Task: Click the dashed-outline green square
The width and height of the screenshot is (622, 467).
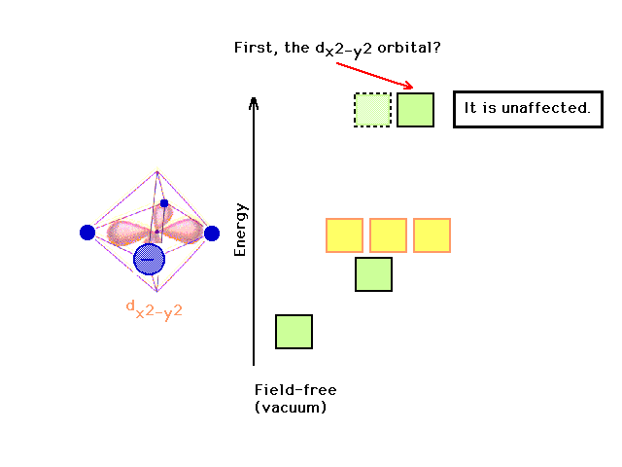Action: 372,110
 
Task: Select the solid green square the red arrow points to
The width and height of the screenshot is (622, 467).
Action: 415,110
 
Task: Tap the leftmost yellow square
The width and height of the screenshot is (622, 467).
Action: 344,235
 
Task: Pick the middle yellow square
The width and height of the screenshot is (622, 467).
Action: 388,235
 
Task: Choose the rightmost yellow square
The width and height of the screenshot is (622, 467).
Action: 432,235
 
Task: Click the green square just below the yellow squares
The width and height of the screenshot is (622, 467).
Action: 373,274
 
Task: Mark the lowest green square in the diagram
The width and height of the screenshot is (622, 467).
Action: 294,332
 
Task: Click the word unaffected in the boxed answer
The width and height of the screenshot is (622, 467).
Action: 546,108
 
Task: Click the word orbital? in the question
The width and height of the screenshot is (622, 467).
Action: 409,49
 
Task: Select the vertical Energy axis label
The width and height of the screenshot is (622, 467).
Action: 240,230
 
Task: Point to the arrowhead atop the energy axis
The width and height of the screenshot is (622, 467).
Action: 254,102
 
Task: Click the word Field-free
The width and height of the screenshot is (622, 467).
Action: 295,390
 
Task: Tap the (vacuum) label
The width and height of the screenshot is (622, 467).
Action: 291,408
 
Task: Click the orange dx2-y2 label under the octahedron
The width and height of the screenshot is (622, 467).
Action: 155,310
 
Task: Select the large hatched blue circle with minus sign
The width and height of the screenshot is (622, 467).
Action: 149,260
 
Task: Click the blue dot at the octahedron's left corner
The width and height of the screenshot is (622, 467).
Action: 87,233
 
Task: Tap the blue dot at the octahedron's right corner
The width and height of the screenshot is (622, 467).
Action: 212,233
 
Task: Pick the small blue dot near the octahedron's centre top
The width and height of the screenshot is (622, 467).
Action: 164,203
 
